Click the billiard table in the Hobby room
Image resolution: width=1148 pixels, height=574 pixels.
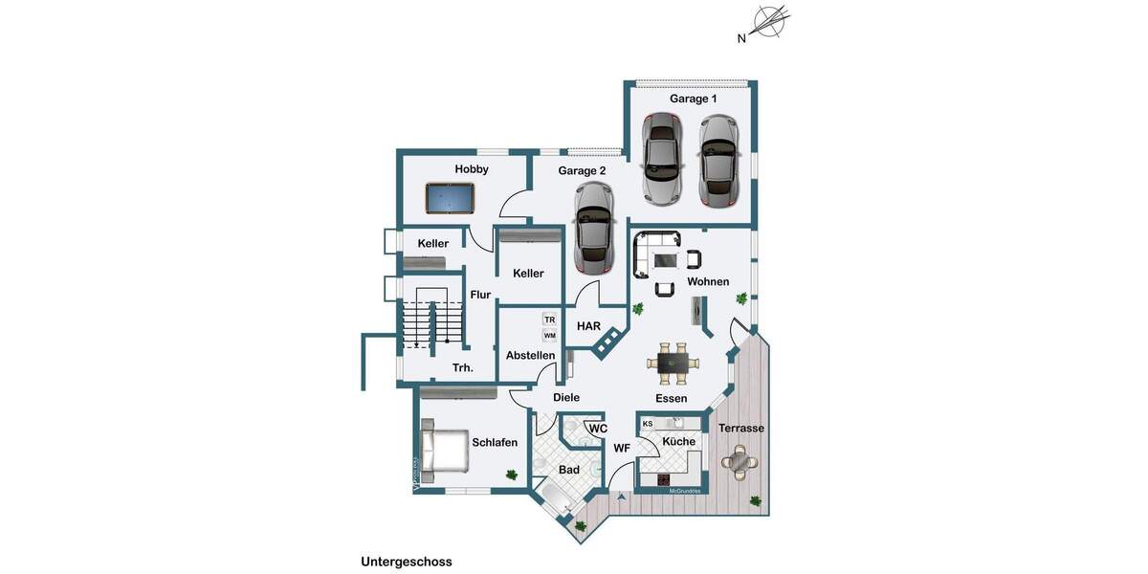point(451,199)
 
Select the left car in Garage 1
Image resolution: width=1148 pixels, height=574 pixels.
point(662,159)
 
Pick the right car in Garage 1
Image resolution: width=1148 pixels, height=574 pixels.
point(717,161)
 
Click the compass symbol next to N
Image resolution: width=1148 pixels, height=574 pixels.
point(770,21)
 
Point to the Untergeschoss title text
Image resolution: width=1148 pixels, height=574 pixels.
point(406,562)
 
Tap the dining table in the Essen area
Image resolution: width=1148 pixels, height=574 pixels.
point(673,362)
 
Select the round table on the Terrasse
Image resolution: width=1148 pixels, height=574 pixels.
point(739,463)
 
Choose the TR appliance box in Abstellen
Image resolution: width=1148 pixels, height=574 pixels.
point(549,320)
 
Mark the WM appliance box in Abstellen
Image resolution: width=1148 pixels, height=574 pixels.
point(549,336)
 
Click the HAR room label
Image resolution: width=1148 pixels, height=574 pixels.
point(588,326)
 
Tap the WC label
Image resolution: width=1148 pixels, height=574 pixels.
point(598,429)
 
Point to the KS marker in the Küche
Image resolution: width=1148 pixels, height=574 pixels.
point(648,424)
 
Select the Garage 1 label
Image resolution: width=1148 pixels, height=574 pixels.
point(693,99)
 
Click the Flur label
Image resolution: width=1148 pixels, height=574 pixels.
point(480,295)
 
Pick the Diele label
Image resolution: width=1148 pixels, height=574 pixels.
point(566,398)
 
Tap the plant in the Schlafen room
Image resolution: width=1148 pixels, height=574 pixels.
point(512,474)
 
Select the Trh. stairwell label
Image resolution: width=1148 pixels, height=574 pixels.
point(463,367)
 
